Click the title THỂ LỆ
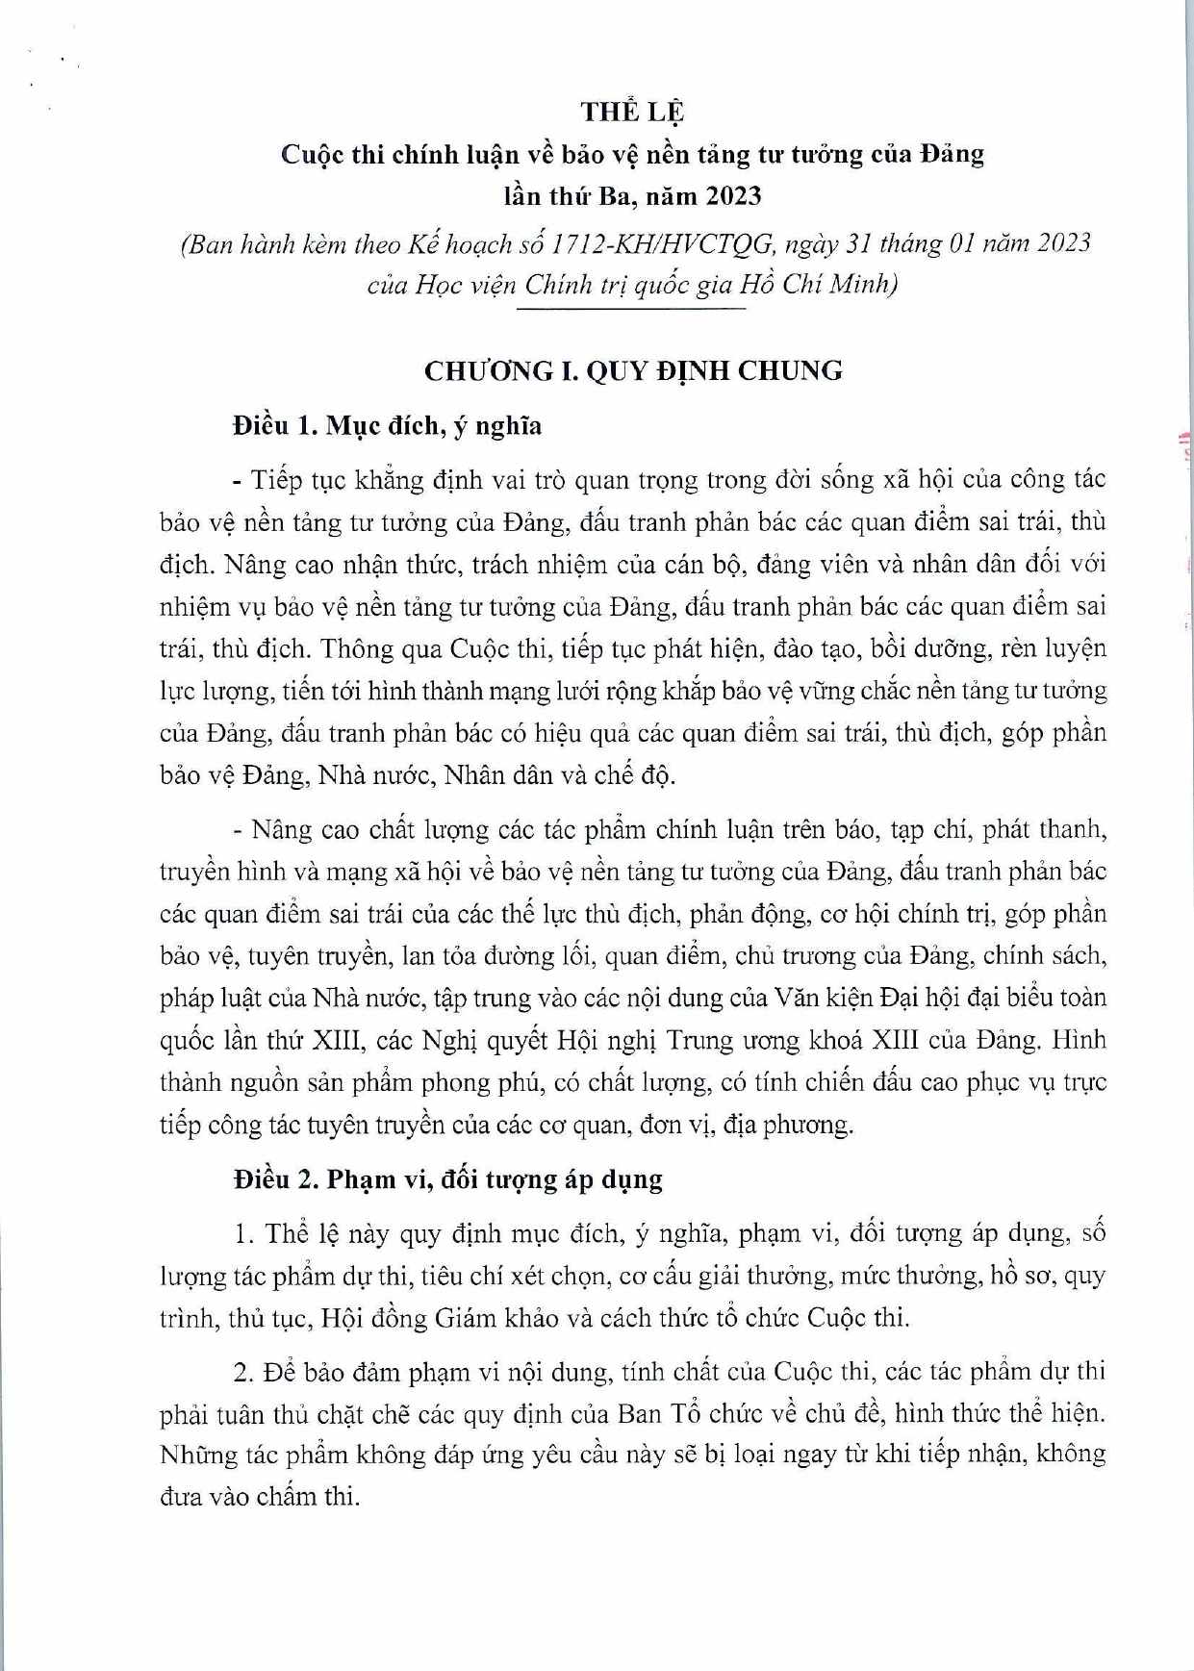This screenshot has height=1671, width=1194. pos(632,112)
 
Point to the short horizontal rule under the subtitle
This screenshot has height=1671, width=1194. pos(631,308)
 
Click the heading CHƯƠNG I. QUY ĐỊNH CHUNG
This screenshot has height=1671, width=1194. pos(633,370)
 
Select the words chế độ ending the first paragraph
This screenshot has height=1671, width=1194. pos(642,775)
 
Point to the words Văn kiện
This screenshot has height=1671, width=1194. pos(814,998)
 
